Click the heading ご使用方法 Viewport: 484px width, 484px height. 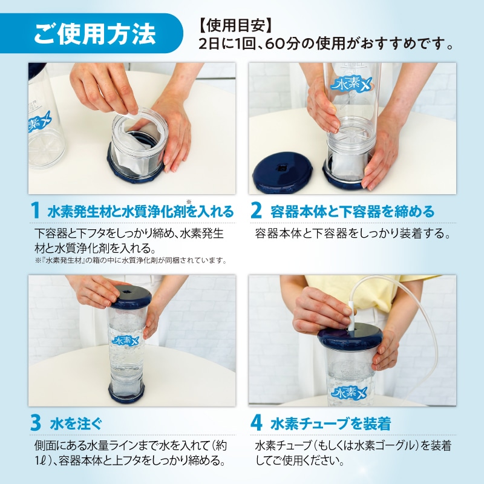[x=94, y=34]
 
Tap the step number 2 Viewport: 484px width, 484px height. [x=256, y=211]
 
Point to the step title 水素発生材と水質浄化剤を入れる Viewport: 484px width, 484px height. [x=140, y=212]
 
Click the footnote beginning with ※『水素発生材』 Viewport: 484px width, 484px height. [x=130, y=261]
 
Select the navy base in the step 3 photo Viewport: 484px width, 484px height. [x=127, y=392]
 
